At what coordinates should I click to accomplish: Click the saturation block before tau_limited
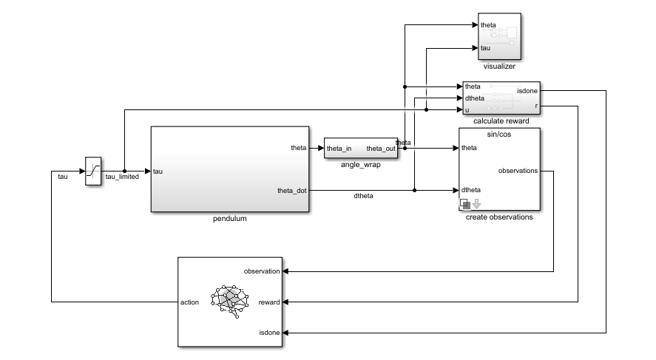click(93, 171)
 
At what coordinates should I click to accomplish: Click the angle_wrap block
click(361, 149)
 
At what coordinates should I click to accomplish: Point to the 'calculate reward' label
click(501, 120)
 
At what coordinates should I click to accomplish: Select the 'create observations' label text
click(499, 217)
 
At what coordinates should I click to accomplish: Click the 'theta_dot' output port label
click(291, 191)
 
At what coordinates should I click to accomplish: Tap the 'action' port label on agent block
click(190, 302)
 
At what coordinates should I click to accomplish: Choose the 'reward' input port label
click(268, 302)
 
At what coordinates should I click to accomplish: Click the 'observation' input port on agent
click(261, 271)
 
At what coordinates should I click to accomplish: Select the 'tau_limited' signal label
click(122, 177)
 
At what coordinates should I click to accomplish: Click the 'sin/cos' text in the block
click(500, 135)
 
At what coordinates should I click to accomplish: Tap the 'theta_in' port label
click(339, 149)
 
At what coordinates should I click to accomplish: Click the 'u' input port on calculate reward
click(467, 109)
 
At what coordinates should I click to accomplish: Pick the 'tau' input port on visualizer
click(485, 48)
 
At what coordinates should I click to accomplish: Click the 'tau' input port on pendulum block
click(158, 171)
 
